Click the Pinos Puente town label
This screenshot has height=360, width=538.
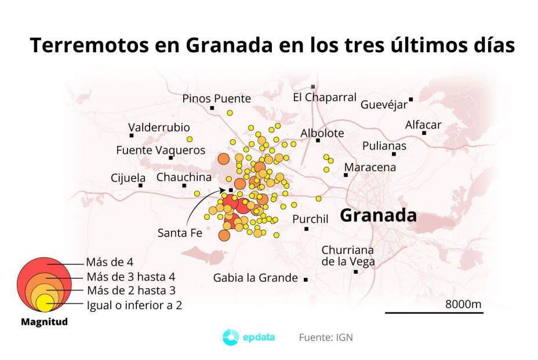(x=216, y=99)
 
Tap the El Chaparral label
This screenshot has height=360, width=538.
(x=324, y=97)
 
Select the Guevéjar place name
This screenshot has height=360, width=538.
(x=383, y=105)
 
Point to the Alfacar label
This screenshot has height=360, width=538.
(x=423, y=125)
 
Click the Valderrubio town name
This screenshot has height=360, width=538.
(x=159, y=128)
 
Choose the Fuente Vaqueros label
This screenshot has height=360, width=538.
(x=161, y=150)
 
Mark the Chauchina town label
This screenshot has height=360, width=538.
(x=184, y=177)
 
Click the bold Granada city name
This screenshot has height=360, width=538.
(x=378, y=216)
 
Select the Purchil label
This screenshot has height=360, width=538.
(x=310, y=219)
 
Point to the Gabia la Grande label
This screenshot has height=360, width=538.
(x=255, y=278)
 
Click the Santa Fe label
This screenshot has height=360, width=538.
(x=180, y=233)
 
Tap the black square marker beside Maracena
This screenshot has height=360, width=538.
(x=346, y=174)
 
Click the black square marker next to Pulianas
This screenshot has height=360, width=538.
(x=394, y=154)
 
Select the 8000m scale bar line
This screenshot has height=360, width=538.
(x=434, y=313)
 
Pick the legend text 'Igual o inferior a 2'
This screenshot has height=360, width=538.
(x=134, y=305)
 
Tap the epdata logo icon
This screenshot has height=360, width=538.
(x=231, y=337)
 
